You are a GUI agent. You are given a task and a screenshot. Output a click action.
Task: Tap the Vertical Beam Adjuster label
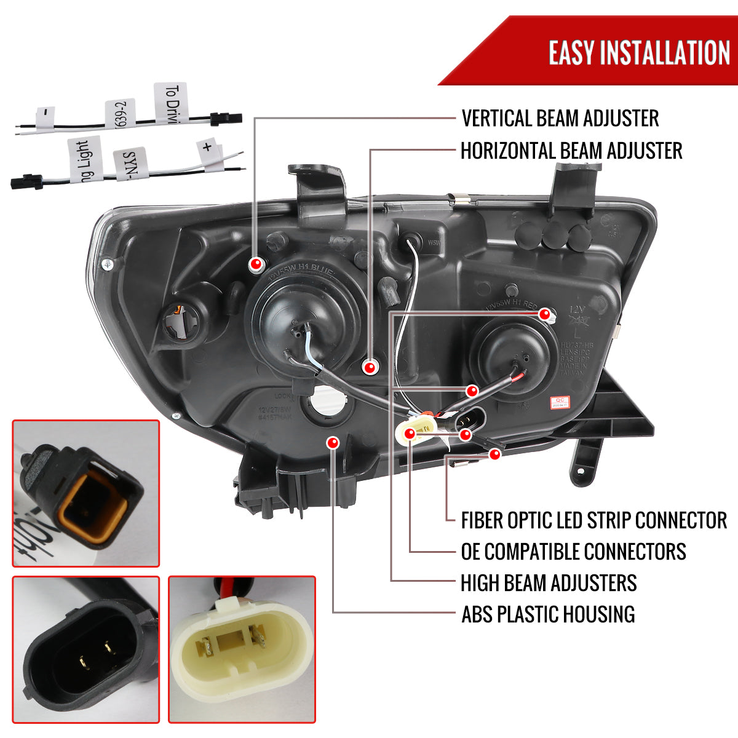coord(560,118)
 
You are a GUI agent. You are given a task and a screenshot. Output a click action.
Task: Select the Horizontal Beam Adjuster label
coord(571,151)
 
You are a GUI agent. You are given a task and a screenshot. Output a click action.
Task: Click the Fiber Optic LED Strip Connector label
coord(593,520)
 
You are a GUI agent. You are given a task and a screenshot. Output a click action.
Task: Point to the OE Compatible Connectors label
coord(573,552)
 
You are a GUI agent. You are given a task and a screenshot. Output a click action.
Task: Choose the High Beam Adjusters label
coord(549,583)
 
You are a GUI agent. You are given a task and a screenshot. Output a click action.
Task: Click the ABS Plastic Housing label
coord(548,614)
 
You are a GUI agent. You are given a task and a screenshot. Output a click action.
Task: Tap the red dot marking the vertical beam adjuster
coord(256,264)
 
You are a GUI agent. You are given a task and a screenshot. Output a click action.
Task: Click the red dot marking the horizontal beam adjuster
coord(370,368)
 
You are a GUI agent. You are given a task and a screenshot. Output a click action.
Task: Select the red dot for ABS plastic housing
coord(333,442)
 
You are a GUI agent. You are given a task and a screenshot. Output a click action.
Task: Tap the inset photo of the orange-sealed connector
coord(86,493)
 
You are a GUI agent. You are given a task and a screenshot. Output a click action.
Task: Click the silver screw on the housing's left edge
coord(108,264)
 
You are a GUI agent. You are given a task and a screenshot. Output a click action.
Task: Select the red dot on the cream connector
coord(410,435)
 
